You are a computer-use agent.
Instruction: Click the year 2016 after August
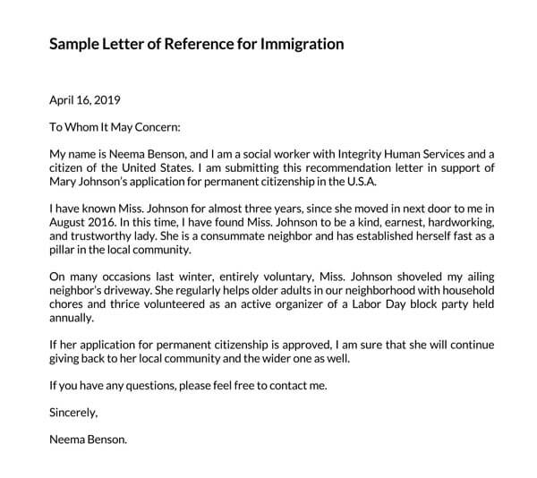pyautogui.click(x=107, y=220)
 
